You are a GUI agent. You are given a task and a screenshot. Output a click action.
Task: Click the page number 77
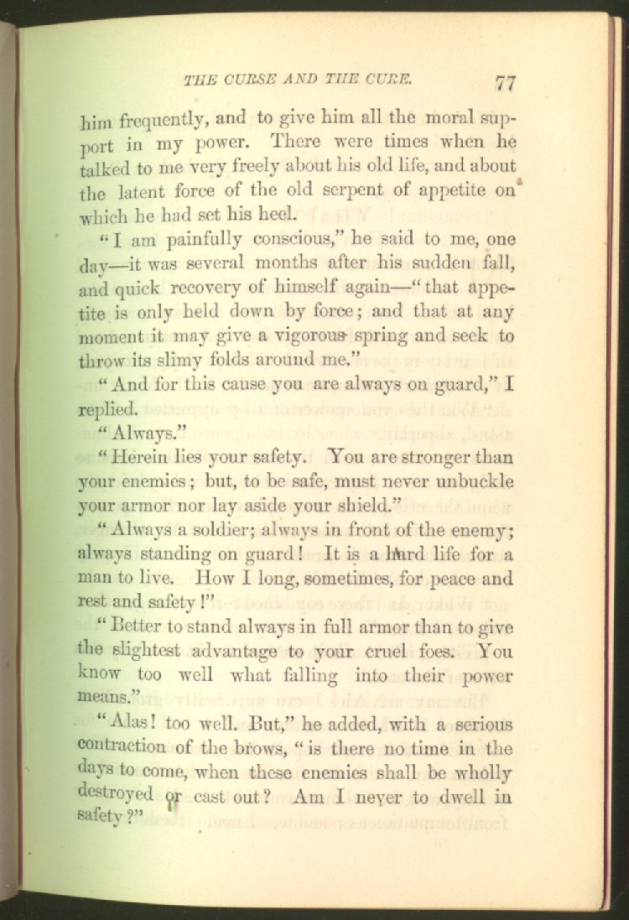(505, 82)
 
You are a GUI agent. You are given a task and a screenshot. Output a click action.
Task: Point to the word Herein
(153, 460)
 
